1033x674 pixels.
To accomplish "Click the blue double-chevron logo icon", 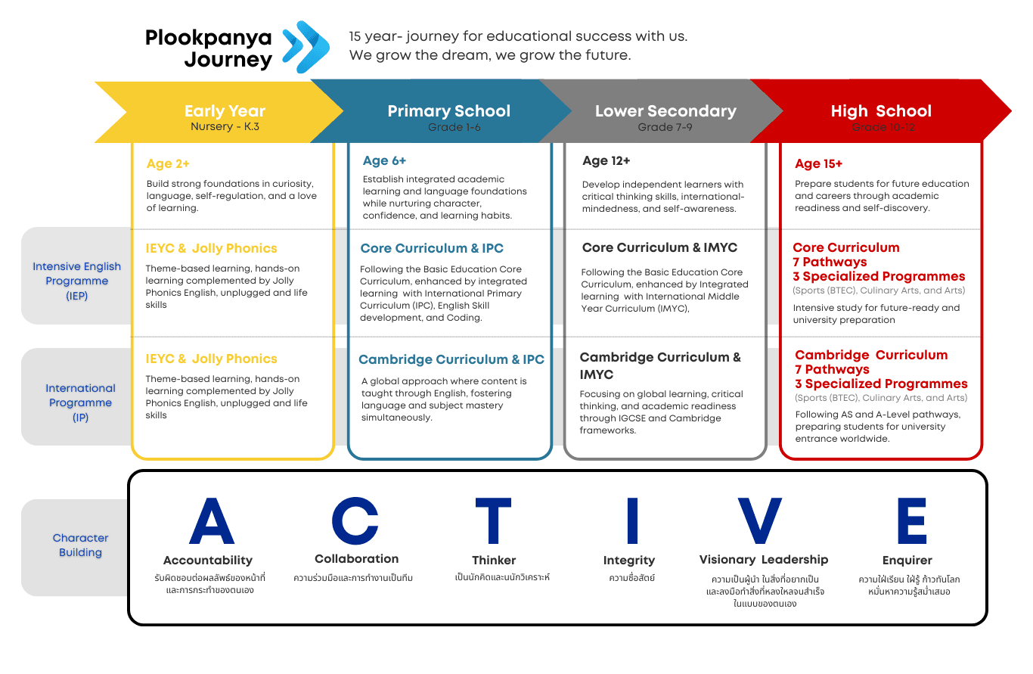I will (x=306, y=46).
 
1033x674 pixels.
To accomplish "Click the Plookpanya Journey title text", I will (x=209, y=48).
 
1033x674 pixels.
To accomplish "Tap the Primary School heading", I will (x=448, y=111).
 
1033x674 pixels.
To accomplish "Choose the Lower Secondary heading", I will (x=665, y=111).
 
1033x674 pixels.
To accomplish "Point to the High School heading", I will (x=881, y=111).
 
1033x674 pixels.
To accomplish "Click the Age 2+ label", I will (x=168, y=163).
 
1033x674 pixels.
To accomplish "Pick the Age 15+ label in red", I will (x=818, y=163).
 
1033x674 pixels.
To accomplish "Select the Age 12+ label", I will (x=606, y=160).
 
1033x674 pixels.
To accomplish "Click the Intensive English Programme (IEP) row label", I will (x=76, y=281).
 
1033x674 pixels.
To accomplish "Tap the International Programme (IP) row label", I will (x=80, y=402).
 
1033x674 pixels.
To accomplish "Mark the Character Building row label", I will (x=80, y=545).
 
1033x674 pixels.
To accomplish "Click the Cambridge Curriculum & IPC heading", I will (x=451, y=359).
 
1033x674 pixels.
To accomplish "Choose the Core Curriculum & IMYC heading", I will (x=659, y=247).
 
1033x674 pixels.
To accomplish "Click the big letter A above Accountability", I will (x=211, y=521).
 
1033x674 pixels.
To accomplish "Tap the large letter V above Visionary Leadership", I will (x=759, y=521).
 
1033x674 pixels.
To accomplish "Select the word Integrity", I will (x=628, y=561).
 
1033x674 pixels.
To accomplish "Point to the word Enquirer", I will (x=907, y=561).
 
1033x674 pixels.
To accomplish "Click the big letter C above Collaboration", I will (x=355, y=521).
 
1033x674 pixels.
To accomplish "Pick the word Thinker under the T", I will (x=493, y=561).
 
